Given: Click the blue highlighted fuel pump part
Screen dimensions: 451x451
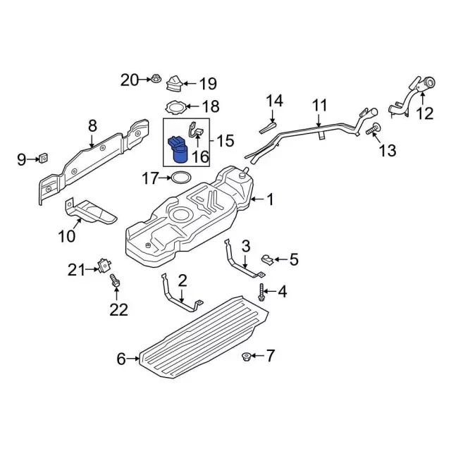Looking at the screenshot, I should pos(176,149).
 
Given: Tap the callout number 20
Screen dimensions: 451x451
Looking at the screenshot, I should pos(130,80).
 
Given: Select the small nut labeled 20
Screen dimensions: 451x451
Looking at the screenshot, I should pos(156,80).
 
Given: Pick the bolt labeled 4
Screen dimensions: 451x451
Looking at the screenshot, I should pos(262,290).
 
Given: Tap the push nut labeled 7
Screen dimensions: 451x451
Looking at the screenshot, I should pos(246,357).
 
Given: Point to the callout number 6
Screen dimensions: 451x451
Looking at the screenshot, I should pos(121,359).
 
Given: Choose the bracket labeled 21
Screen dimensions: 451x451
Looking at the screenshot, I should pos(104,266).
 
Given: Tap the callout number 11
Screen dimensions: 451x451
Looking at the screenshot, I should pos(320,107).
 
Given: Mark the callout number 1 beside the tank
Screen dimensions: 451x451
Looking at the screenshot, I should pos(269,200).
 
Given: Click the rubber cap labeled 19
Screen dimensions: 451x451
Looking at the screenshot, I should pos(173,86).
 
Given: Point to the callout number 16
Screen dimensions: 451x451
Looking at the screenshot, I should pos(200,156).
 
